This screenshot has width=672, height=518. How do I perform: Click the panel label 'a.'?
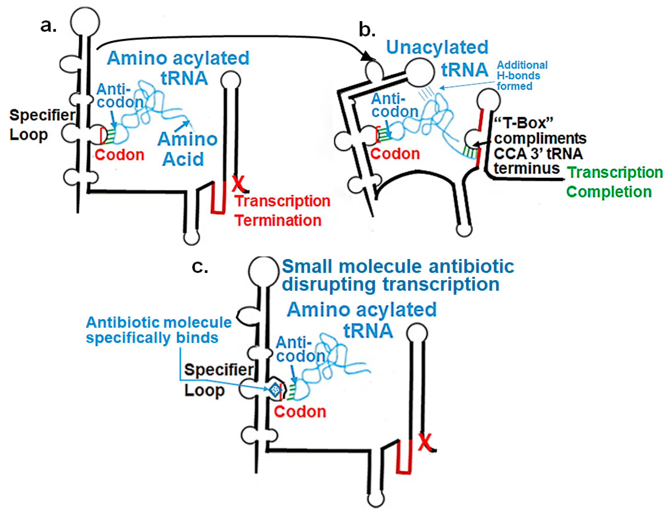pos(48,26)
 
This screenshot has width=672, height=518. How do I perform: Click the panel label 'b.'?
pos(367,30)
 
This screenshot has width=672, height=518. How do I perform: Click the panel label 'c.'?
pos(200,267)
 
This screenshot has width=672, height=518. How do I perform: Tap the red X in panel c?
pos(425,442)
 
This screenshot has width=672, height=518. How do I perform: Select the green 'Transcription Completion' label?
pos(614,182)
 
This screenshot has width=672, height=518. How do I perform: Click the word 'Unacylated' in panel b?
pos(437,47)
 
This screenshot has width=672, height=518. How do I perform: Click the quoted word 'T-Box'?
pos(523,123)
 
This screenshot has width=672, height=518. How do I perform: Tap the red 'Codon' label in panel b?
pos(395,154)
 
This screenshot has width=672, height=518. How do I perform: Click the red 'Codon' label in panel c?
pos(300,412)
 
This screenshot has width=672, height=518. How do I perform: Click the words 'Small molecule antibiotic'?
pos(398,266)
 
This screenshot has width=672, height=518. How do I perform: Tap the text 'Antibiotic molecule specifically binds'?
pos(159,330)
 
